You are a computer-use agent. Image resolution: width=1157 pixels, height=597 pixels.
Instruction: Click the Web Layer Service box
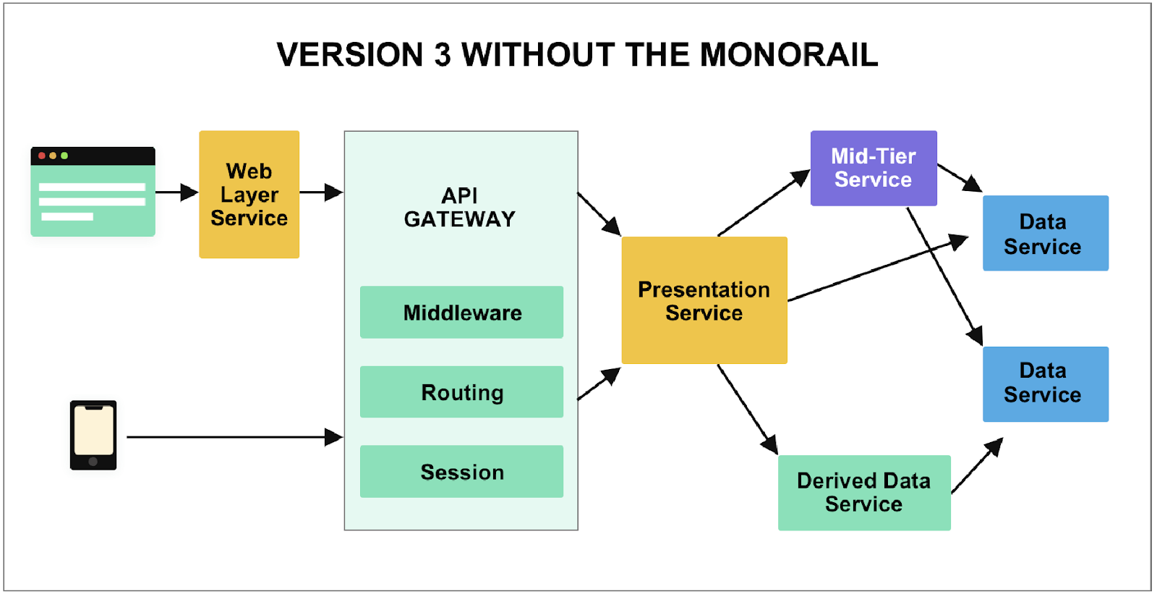coord(249,194)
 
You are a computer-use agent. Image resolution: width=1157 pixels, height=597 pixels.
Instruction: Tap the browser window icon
coord(93,192)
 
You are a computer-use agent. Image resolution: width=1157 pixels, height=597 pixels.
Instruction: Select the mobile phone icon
coord(93,435)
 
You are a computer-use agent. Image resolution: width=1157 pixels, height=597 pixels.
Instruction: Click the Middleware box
coord(461,313)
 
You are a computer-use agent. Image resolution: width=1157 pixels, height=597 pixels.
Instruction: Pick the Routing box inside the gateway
coord(461,392)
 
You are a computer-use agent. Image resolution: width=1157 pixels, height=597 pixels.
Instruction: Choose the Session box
coord(461,472)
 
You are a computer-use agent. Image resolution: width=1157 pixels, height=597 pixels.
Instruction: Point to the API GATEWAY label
coord(460,207)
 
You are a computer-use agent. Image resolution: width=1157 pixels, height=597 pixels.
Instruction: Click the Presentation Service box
coord(704,300)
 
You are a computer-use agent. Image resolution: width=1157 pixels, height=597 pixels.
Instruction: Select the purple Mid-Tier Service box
coord(874,168)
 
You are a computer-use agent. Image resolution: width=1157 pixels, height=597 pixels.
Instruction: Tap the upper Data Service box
coord(1045,233)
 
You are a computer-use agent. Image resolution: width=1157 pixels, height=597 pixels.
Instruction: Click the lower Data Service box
coord(1045,384)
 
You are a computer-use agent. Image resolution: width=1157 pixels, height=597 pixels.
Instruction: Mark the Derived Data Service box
coord(864,492)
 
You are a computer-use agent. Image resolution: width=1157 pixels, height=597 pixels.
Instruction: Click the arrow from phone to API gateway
coord(231,437)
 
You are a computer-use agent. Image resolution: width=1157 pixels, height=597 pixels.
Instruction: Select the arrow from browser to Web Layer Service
coord(176,192)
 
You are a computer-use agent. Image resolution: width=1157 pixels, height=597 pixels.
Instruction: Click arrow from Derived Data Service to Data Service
coord(976,467)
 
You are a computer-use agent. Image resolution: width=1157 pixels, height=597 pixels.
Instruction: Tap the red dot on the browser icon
coord(42,156)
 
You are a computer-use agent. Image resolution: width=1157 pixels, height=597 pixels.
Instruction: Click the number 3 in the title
coord(442,55)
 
